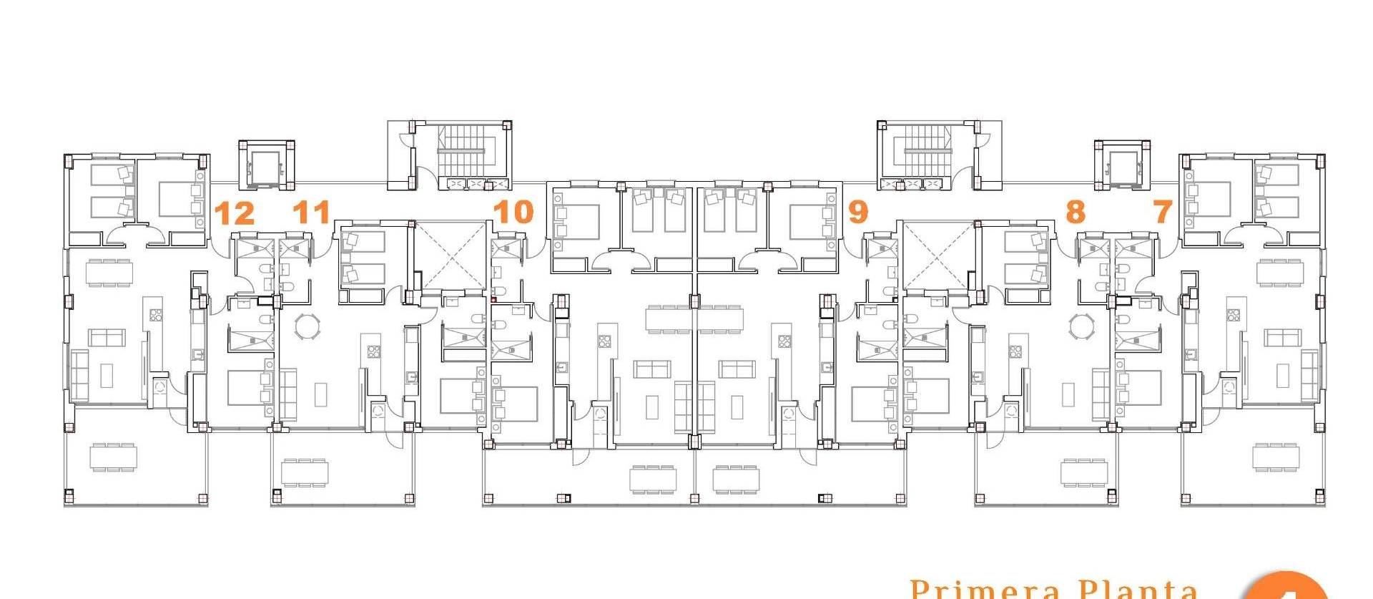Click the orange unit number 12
click(x=235, y=213)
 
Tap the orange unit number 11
click(x=313, y=213)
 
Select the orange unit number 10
click(x=513, y=212)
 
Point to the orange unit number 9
click(x=857, y=212)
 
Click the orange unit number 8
click(x=1075, y=213)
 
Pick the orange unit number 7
click(x=1163, y=212)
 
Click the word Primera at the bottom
click(x=985, y=590)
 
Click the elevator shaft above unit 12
click(x=265, y=165)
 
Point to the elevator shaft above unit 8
click(x=1122, y=165)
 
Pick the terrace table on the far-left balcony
click(x=113, y=457)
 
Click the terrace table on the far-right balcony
click(x=1276, y=457)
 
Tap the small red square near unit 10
click(x=493, y=299)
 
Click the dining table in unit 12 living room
click(x=108, y=273)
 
